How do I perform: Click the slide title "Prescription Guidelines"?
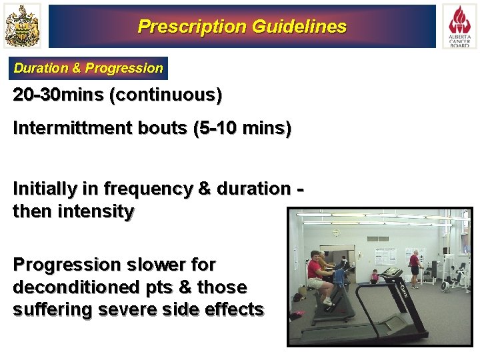(x=241, y=27)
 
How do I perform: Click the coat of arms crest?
(x=22, y=26)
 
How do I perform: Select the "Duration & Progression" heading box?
(x=88, y=68)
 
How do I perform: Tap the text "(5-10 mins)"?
(x=241, y=128)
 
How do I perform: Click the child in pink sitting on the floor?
(x=375, y=275)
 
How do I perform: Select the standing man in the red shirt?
(x=415, y=264)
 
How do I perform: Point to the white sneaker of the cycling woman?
(x=327, y=301)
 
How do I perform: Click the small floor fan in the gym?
(x=445, y=283)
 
